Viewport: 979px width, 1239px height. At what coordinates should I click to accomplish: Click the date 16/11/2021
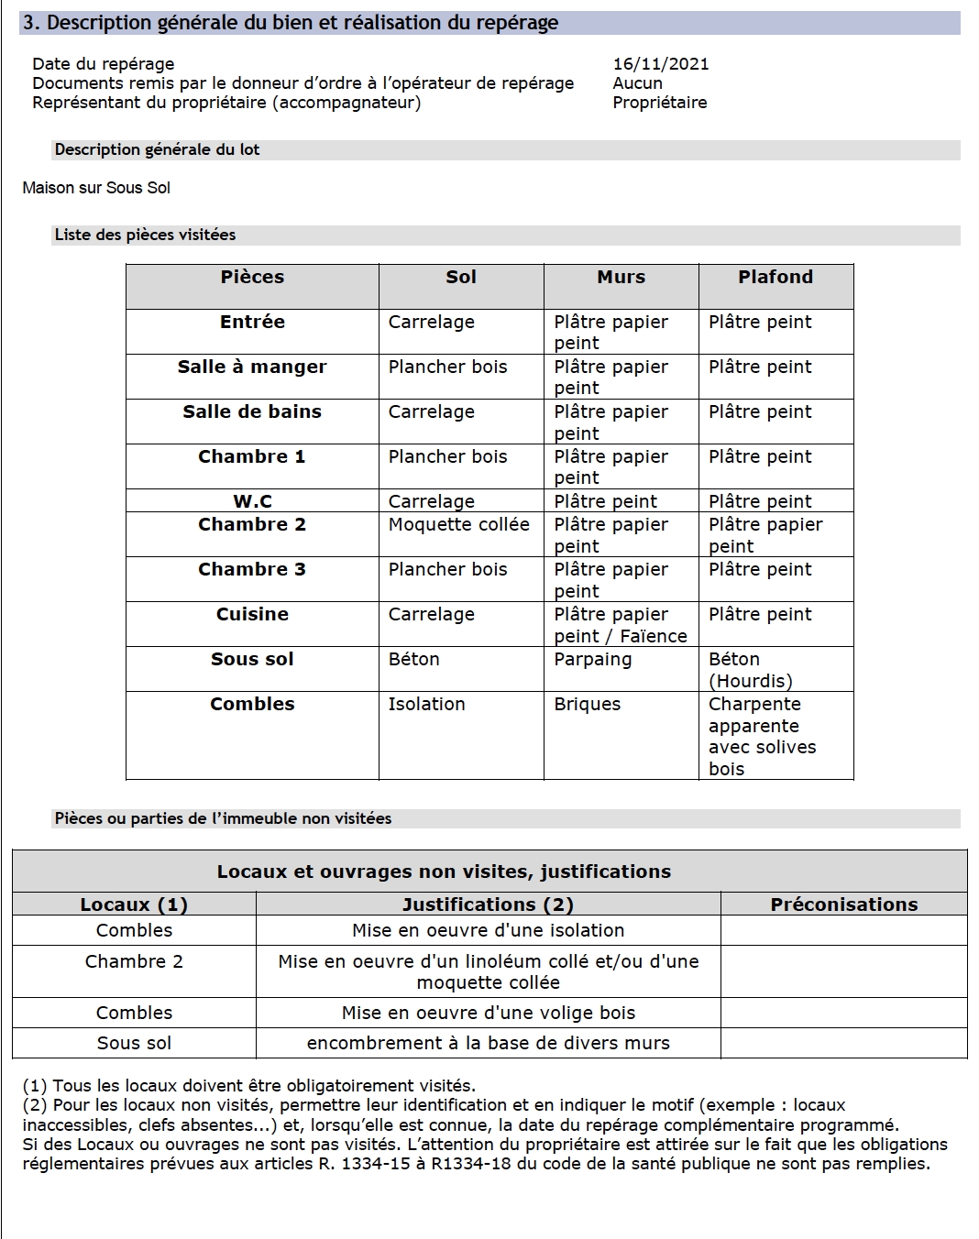point(660,64)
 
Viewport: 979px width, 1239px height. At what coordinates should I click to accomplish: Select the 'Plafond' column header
point(775,278)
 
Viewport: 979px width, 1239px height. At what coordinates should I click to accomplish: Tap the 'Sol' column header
point(460,278)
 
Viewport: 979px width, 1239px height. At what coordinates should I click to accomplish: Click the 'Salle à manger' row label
point(252,367)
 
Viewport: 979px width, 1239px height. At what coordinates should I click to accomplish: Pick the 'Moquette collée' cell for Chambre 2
point(458,525)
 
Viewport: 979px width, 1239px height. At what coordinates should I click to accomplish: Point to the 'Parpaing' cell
point(592,660)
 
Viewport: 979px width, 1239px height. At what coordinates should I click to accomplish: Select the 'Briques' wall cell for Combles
point(587,705)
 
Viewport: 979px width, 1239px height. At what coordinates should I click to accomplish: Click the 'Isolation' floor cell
point(426,705)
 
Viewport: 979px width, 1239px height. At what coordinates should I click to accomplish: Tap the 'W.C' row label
point(252,501)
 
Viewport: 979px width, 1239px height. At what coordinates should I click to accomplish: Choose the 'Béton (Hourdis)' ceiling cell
point(750,670)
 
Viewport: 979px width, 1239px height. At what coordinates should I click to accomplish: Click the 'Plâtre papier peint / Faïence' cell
point(620,625)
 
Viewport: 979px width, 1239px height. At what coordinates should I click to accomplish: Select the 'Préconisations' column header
point(843,905)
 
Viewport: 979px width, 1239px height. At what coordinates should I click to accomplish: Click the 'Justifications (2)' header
point(488,905)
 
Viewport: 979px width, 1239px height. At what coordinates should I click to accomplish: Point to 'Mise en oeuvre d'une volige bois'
point(488,1013)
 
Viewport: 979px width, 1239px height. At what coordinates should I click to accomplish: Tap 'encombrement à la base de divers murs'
point(488,1043)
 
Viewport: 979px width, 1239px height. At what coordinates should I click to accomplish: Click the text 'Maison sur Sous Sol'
point(96,188)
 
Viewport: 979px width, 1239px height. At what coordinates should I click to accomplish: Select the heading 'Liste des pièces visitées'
point(145,235)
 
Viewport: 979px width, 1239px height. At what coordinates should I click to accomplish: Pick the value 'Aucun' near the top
point(637,83)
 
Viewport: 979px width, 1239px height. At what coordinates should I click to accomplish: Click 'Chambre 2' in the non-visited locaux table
point(134,961)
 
